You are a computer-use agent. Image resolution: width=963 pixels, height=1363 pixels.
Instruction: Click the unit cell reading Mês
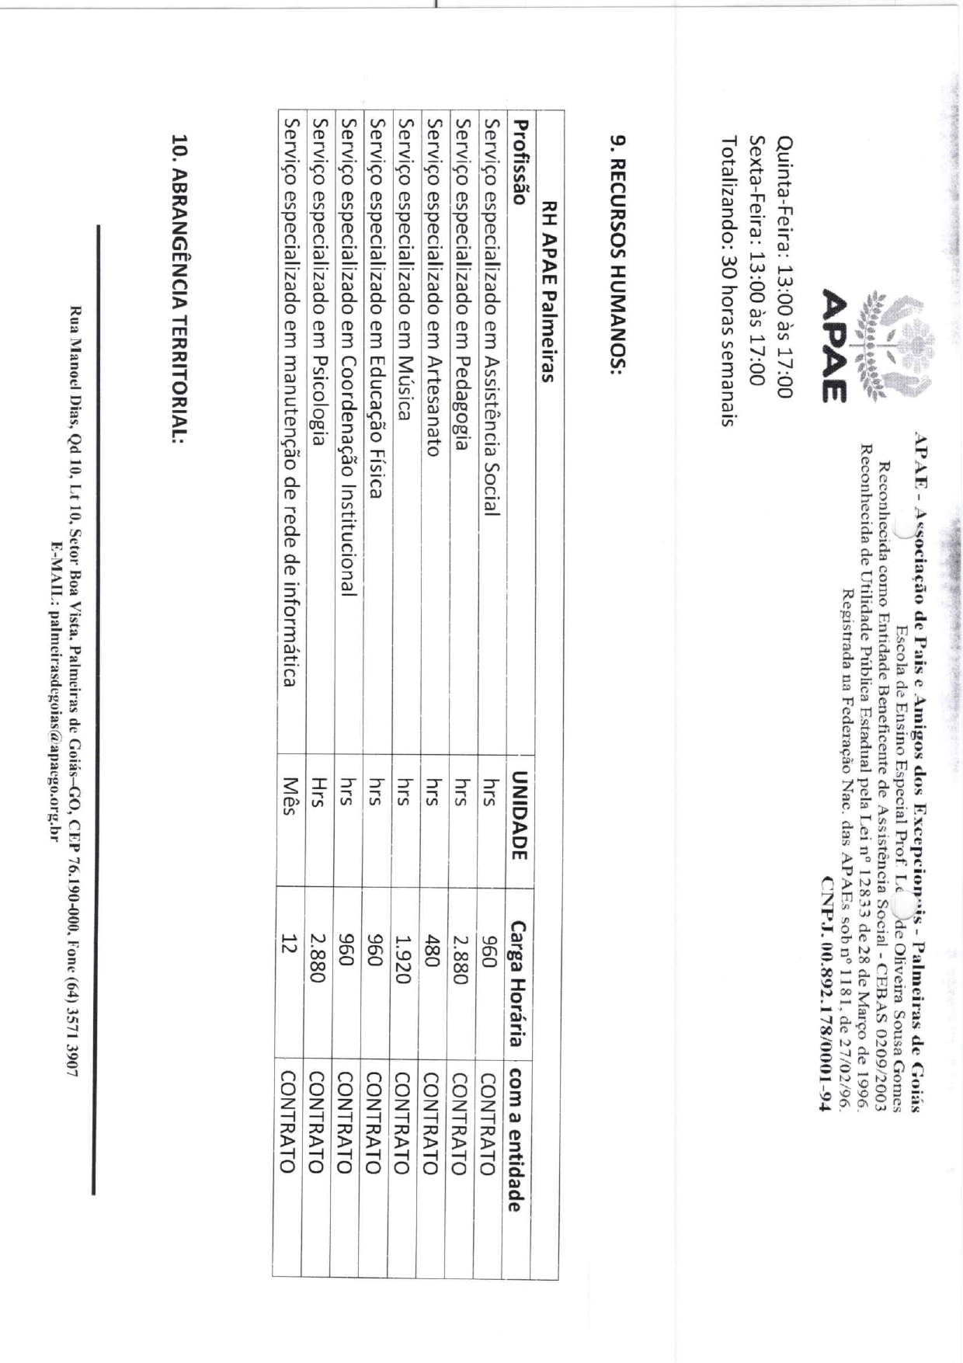288,797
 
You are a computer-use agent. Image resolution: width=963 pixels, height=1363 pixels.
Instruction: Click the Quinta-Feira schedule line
784,268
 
